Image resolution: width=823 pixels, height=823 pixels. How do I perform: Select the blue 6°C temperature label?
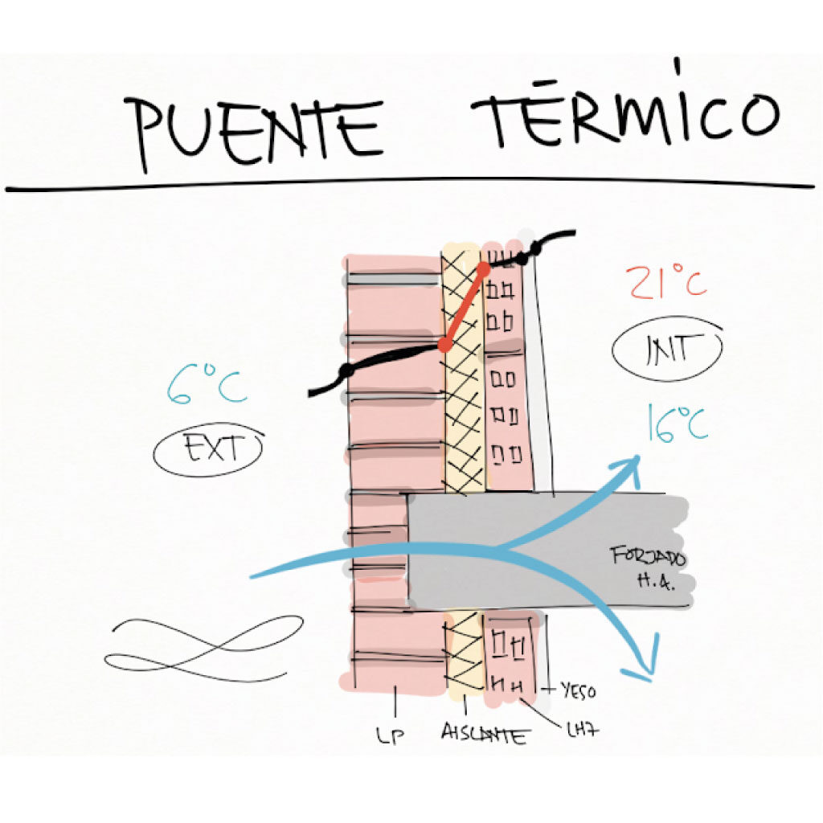206,385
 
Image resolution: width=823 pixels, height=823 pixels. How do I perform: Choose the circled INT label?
667,349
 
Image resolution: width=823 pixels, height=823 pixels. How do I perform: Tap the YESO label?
579,690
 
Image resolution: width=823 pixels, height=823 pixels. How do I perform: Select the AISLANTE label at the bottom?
485,733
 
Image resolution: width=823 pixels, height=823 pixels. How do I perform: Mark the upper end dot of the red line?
485,268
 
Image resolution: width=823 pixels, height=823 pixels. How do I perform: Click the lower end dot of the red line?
443,346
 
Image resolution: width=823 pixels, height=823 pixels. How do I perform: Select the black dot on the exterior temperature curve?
346,371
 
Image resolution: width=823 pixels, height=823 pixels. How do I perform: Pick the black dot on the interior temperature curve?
523,258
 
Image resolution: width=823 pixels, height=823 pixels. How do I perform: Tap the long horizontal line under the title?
410,184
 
